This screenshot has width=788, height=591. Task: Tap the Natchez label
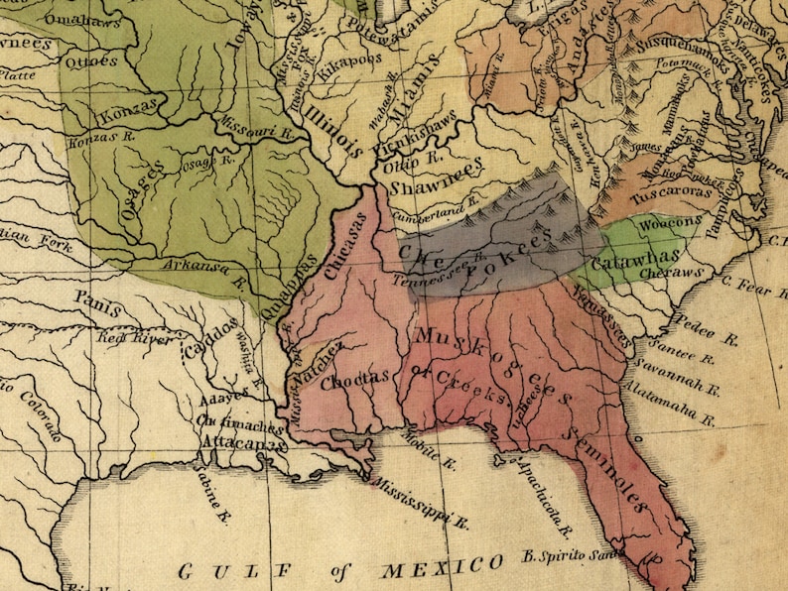(x=317, y=364)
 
